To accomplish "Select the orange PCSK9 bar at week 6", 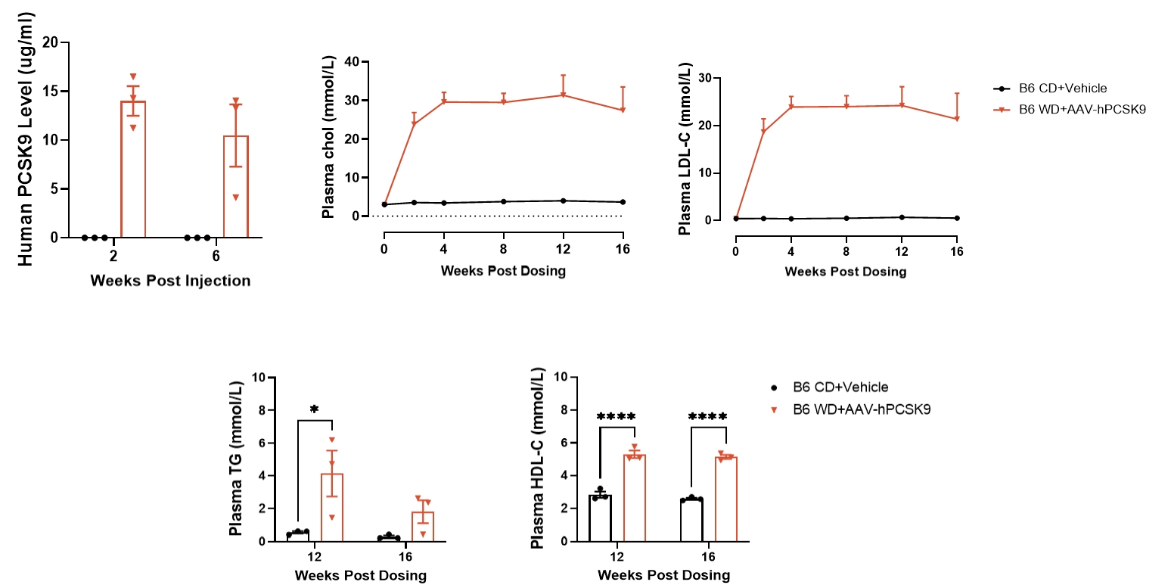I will [236, 186].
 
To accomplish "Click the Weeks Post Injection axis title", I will [170, 281].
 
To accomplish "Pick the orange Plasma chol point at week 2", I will [414, 123].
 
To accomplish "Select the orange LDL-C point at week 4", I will [791, 107].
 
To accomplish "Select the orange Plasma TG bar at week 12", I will [331, 507].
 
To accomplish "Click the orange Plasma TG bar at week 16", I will [423, 526].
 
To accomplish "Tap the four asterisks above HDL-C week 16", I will [708, 417].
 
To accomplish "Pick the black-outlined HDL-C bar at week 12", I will [601, 518].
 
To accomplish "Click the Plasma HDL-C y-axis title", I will [537, 459].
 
